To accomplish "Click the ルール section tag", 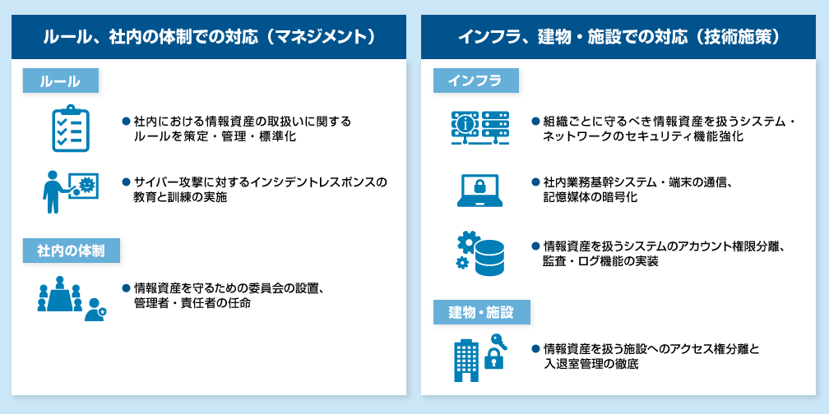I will pos(62,80).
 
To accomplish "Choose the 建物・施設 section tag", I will pos(481,313).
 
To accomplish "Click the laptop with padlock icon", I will pos(479,190).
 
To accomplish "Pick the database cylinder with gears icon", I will pos(479,253).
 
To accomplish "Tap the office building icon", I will pos(466,360).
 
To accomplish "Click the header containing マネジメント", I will pos(208,37).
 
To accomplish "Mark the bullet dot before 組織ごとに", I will pos(535,121).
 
